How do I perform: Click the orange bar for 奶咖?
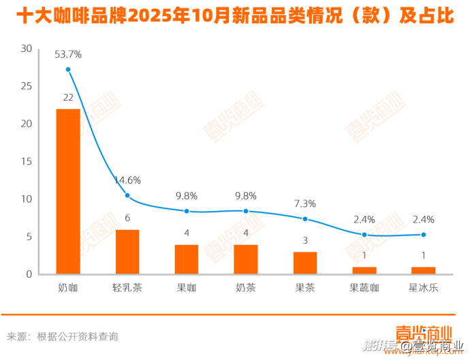pyautogui.click(x=68, y=191)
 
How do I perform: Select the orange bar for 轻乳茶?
pyautogui.click(x=127, y=252)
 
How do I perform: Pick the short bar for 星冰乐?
pyautogui.click(x=424, y=270)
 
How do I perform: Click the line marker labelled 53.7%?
pyautogui.click(x=68, y=69)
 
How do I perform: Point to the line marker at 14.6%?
pyautogui.click(x=127, y=196)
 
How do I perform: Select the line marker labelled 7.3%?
pyautogui.click(x=305, y=218)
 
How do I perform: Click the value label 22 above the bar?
pyautogui.click(x=68, y=97)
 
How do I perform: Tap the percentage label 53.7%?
pyautogui.click(x=68, y=54)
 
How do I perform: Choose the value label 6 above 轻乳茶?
pyautogui.click(x=127, y=218)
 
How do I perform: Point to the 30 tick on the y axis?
pyautogui.click(x=27, y=49)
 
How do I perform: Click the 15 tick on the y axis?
pyautogui.click(x=27, y=162)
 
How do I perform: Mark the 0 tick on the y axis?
pyautogui.click(x=29, y=274)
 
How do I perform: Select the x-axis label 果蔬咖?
pyautogui.click(x=364, y=288)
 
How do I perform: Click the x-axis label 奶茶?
pyautogui.click(x=246, y=288)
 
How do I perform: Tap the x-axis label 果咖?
pyautogui.click(x=187, y=288)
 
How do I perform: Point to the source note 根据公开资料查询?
pyautogui.click(x=78, y=336)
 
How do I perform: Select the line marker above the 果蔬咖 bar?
pyautogui.click(x=364, y=235)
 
